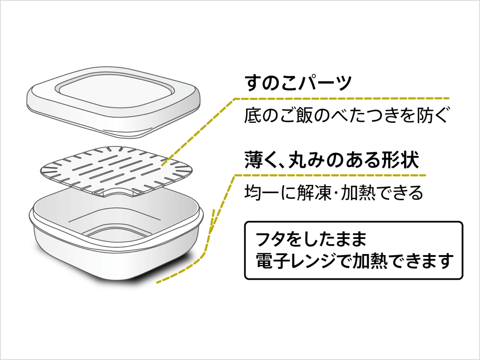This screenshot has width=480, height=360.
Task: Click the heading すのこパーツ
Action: (298, 82)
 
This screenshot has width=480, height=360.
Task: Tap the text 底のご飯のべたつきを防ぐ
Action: (347, 115)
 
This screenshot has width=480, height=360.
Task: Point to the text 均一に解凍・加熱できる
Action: (334, 192)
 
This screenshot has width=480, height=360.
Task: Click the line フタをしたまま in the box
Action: (311, 239)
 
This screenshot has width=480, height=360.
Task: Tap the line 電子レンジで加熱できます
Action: (355, 261)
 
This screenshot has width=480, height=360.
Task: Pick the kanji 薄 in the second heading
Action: (253, 160)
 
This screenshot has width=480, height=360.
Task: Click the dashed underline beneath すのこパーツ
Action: (342, 98)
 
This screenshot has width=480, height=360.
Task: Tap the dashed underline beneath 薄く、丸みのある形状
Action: (330, 175)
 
